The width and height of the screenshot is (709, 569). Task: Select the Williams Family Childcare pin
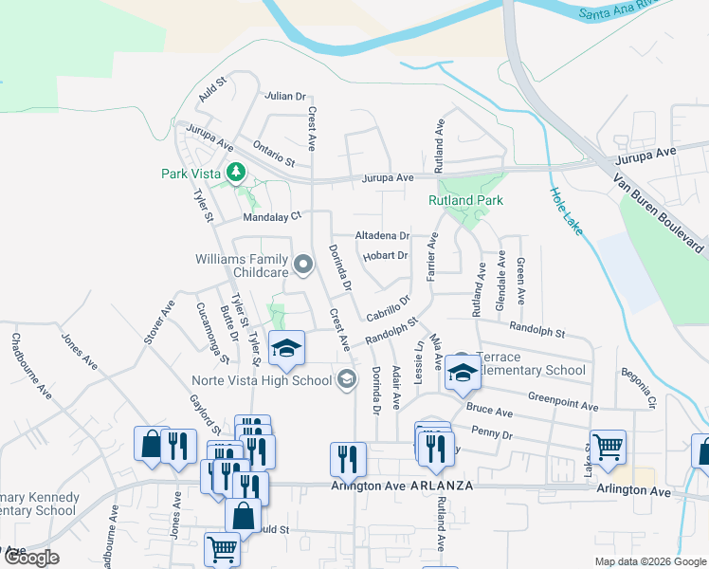pyautogui.click(x=303, y=265)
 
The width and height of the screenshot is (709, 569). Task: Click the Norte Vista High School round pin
pyautogui.click(x=347, y=379)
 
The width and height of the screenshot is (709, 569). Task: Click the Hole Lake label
pyautogui.click(x=568, y=211)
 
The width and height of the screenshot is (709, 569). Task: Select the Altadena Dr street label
pyautogui.click(x=381, y=235)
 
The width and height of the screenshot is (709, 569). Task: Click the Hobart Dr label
pyautogui.click(x=385, y=255)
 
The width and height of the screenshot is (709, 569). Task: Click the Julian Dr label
pyautogui.click(x=287, y=96)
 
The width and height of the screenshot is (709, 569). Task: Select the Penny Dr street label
pyautogui.click(x=491, y=435)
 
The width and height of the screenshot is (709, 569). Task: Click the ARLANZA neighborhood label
pyautogui.click(x=441, y=485)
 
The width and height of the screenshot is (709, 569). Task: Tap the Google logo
pyautogui.click(x=30, y=558)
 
